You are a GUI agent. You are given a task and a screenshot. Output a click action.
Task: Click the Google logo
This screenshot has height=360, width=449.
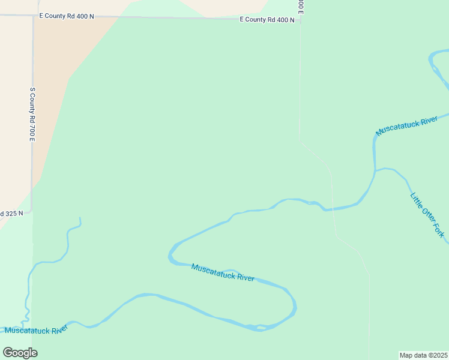20,353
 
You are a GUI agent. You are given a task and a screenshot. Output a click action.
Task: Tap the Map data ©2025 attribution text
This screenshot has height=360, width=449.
424,355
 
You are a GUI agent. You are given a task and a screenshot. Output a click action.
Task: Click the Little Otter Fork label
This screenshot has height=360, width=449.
427,214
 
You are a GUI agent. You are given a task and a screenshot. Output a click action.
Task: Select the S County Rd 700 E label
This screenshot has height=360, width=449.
33,114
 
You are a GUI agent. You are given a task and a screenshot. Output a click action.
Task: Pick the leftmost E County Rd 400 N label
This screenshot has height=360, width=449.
67,16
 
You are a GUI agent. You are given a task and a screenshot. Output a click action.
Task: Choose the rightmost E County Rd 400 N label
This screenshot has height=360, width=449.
267,20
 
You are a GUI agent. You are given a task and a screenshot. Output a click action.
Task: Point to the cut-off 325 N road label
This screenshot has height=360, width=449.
11,213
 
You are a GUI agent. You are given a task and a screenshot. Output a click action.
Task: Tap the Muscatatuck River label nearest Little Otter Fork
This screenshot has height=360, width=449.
406,126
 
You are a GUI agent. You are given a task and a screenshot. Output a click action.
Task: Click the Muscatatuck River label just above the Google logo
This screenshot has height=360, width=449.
36,329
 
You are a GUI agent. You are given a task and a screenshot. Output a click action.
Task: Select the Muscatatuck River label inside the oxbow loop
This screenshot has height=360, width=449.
222,272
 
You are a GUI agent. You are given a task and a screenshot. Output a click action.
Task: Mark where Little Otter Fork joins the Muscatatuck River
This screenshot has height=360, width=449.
375,170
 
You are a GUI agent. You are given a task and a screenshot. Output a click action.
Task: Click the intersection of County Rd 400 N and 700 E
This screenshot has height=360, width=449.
33,16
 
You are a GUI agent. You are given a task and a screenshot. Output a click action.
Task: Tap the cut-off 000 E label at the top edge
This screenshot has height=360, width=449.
300,6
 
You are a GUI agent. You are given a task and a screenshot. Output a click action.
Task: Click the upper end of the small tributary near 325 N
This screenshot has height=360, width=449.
79,219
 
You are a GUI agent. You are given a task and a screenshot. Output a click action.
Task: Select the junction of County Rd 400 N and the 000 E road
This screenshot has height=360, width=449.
300,20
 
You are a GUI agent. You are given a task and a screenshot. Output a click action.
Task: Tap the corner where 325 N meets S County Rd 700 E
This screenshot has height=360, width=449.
31,212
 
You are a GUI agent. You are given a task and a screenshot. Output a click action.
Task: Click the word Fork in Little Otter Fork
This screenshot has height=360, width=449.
438,230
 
